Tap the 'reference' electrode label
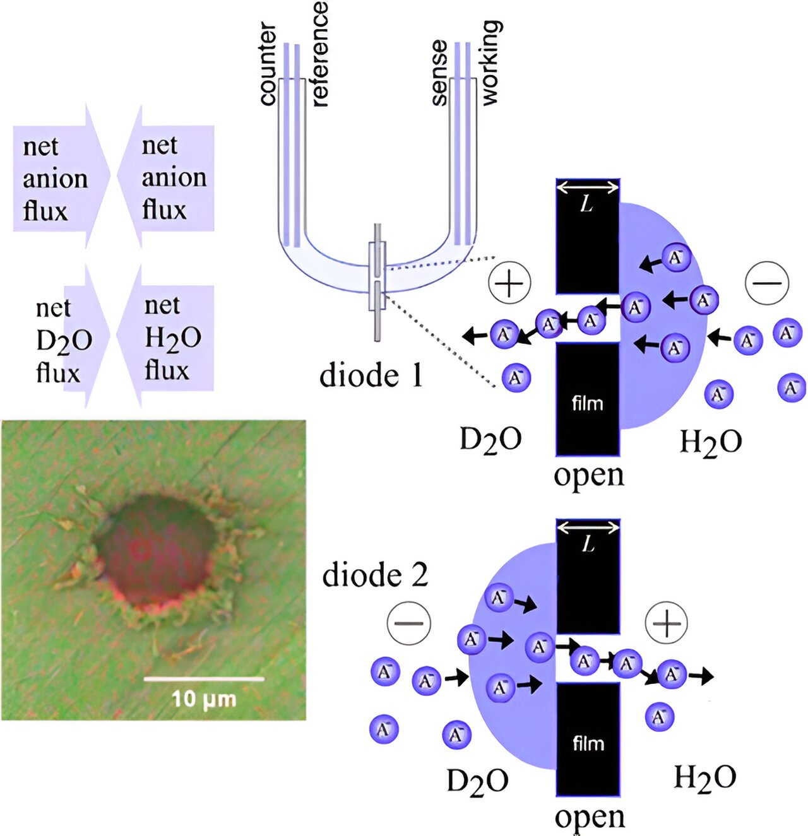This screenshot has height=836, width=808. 319,54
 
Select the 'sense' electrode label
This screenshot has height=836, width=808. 439,72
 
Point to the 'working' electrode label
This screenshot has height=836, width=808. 490,62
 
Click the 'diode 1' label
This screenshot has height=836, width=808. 371,375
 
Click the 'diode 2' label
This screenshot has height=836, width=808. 375,575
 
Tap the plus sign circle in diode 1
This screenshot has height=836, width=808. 509,283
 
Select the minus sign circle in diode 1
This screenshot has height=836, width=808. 767,283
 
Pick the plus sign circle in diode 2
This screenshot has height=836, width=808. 667,623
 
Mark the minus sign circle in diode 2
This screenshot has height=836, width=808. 409,623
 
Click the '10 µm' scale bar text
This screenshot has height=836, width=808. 203,699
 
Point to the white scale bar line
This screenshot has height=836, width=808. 203,679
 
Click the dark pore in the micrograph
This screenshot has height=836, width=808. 155,546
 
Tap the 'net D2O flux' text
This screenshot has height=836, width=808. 63,341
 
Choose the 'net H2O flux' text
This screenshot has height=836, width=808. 172,338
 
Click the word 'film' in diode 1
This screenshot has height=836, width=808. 587,403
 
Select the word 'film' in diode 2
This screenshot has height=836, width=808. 588,744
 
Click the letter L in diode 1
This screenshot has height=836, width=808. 587,204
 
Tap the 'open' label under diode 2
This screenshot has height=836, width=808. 590,816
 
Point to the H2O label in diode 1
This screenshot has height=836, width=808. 710,442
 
